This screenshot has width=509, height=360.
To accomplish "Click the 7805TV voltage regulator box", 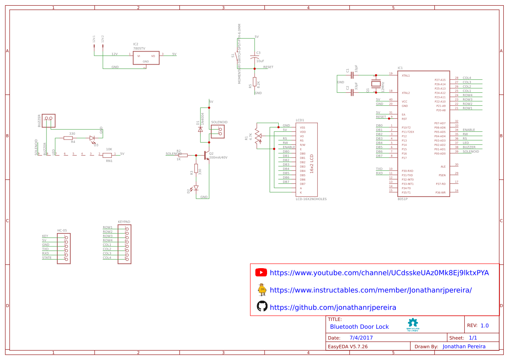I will (x=146, y=58).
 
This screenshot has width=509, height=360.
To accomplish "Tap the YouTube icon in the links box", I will (x=261, y=272).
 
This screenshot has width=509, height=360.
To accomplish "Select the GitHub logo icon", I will (x=262, y=306).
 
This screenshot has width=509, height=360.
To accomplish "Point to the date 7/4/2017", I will (x=361, y=338).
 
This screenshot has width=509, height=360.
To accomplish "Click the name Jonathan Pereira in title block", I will (x=464, y=347).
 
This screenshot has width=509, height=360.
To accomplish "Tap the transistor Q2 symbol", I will (x=206, y=155).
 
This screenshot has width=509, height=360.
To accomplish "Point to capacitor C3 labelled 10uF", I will (x=254, y=57).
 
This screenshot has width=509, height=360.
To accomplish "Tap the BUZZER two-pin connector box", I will (x=49, y=121).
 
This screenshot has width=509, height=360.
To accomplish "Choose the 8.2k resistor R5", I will (x=254, y=84).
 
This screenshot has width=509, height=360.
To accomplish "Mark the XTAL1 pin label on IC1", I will (x=406, y=75).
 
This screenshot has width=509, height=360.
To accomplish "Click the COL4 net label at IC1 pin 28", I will (x=467, y=78).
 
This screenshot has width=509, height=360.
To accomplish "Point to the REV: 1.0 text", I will (x=477, y=325).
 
